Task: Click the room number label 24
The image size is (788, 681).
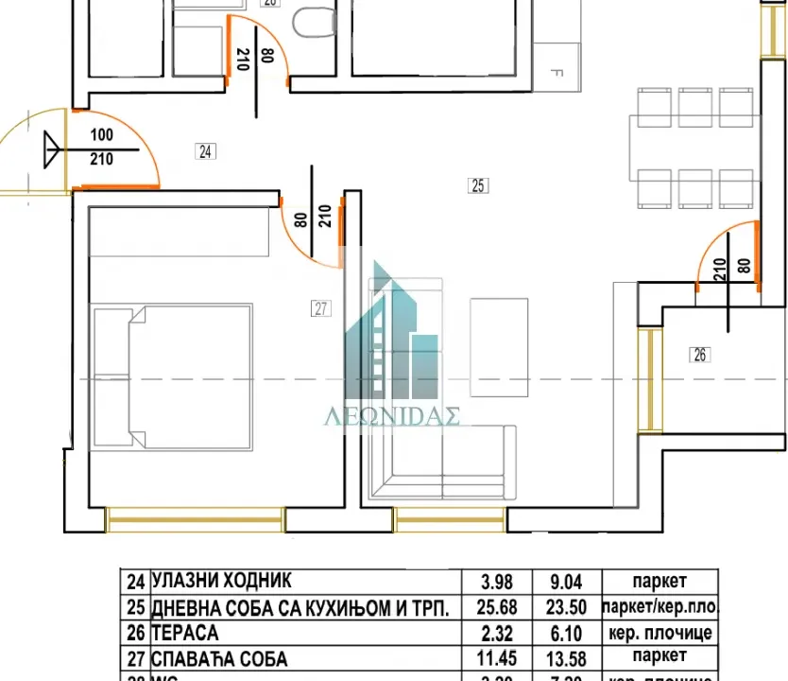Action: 205,150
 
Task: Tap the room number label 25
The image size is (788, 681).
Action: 478,186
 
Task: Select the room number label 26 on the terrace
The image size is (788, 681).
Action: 700,356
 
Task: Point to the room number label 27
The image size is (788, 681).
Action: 321,307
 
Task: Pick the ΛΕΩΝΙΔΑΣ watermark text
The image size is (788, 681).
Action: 393,417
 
